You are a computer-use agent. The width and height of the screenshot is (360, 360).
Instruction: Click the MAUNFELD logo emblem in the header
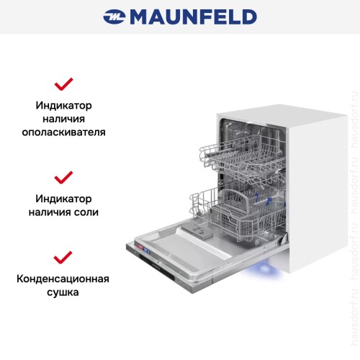(x=114, y=16)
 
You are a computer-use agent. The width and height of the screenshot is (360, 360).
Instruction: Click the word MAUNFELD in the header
(x=192, y=16)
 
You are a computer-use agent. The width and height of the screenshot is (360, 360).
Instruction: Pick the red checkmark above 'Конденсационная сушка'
(x=64, y=256)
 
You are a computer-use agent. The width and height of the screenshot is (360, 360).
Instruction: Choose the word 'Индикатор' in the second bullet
(x=64, y=198)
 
